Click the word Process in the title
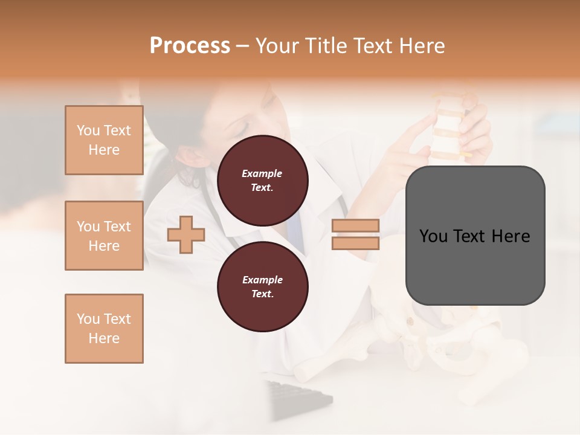190,46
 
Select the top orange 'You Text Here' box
104,140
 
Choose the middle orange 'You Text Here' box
104,236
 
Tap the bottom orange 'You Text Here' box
104,329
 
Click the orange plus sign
186,234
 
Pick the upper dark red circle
262,181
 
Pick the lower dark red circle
262,287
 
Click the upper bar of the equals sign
355,225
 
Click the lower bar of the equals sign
355,243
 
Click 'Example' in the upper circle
262,174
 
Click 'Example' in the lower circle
262,280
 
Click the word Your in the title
276,46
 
